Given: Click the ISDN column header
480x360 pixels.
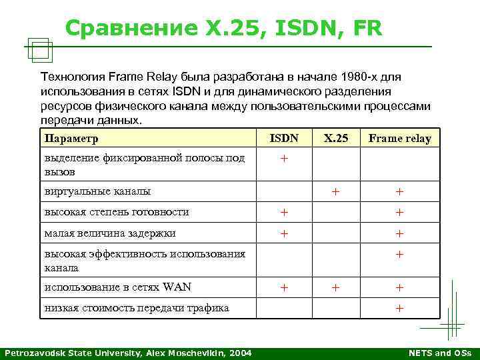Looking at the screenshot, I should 284,139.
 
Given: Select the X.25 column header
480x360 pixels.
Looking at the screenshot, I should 336,139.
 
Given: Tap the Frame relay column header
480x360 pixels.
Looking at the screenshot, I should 399,139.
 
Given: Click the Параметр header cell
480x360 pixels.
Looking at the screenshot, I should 71,139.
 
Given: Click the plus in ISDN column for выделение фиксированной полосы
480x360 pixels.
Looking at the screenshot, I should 284,159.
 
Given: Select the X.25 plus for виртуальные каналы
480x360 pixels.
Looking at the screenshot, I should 336,191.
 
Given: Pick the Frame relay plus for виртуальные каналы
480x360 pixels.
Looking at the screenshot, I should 399,191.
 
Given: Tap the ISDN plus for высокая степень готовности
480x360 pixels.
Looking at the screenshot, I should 284,212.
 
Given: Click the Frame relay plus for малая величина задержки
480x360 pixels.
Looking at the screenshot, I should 399,233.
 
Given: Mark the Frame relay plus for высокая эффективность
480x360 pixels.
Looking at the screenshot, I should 399,254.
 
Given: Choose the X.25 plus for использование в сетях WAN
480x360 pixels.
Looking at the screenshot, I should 336,287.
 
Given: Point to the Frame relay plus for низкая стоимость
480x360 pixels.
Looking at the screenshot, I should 399,308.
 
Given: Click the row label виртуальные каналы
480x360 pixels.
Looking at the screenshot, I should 97,191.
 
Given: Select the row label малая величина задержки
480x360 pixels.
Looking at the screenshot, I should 110,233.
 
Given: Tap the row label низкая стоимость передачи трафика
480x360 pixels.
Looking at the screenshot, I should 136,307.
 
